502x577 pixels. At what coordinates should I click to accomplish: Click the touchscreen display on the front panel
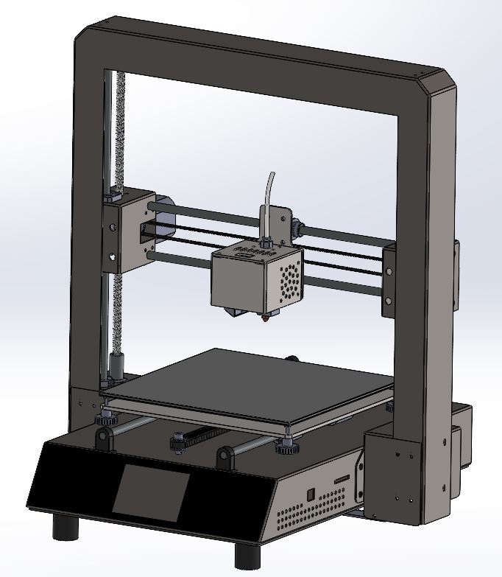coord(151,492)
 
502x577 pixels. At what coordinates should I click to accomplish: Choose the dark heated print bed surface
coord(250,383)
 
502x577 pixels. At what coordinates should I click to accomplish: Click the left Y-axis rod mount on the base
coord(104,439)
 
